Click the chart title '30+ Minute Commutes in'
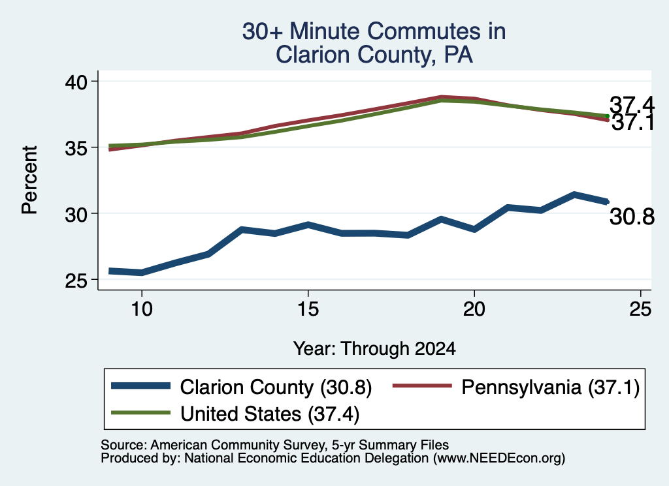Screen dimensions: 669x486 tap(374, 31)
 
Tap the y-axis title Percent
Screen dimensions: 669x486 tap(29, 179)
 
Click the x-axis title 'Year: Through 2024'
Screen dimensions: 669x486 tap(374, 348)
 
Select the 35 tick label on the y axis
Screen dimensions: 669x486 tap(76, 147)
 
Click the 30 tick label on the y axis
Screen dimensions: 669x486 tap(76, 213)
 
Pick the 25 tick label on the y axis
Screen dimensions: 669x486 tap(76, 280)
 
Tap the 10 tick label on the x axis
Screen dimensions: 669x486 tap(142, 309)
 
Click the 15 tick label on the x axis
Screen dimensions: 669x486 tap(308, 309)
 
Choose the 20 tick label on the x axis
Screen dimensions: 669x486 tap(474, 309)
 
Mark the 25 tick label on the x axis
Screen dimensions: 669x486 tap(640, 309)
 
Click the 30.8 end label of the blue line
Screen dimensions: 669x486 tap(632, 217)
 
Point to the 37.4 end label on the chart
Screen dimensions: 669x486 tap(632, 104)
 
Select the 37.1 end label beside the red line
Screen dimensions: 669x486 tap(633, 123)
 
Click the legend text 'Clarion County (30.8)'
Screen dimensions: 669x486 tap(276, 387)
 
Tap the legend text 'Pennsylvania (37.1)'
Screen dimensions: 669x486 tap(550, 387)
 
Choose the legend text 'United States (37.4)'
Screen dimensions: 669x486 tap(270, 414)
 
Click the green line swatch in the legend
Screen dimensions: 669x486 tap(141, 413)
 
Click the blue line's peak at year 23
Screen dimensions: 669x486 tap(574, 194)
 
